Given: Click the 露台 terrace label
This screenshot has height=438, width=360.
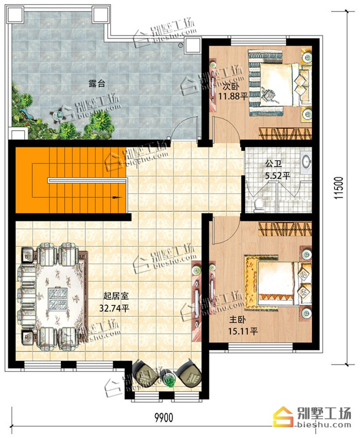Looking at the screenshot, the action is point(96,83).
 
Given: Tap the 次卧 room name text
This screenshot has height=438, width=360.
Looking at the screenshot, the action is point(230,86).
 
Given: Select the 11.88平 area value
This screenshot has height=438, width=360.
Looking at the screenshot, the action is point(233,97).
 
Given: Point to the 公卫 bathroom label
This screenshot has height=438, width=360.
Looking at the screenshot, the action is point(273,163).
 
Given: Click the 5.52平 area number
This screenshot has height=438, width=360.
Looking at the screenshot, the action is point(277,176).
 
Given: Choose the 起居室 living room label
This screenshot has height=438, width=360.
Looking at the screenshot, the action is point(116,295).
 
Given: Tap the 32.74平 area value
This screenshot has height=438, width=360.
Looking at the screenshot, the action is point(114,308).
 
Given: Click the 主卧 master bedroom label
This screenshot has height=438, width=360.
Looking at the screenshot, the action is point(237,319).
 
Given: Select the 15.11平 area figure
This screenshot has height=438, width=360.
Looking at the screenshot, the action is point(243,331).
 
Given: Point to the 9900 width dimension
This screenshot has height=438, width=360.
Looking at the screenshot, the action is point(164,417).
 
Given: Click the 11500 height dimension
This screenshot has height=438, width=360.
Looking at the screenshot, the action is point(338,188).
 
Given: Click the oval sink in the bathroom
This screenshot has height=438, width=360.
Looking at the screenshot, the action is point(306,161).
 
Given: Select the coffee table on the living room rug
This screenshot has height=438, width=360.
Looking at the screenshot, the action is point(58,299).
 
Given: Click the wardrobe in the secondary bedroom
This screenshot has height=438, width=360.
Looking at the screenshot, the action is point(285,133).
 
